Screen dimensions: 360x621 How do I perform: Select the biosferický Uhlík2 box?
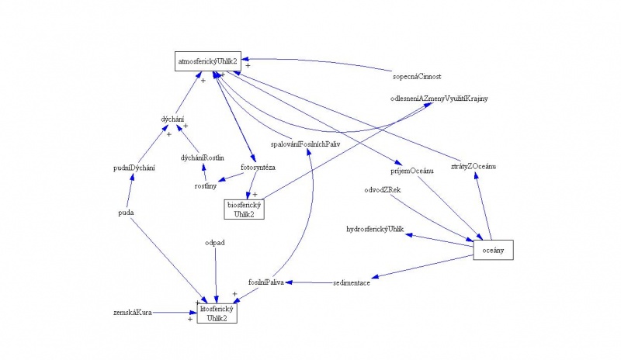coord(245,208)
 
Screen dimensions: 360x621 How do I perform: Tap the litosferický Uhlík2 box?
coord(217,313)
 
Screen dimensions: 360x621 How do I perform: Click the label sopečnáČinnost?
coord(418,76)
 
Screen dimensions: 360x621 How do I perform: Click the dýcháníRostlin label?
coord(203,158)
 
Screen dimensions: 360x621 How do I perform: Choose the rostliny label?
coord(206,185)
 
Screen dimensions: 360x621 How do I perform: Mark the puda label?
coord(127,212)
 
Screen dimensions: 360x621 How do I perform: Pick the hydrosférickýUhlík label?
coord(376,230)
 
